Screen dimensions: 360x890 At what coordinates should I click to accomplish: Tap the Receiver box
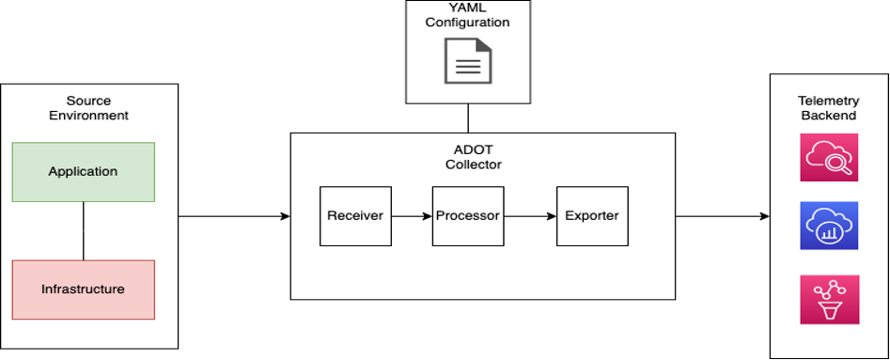pyautogui.click(x=354, y=216)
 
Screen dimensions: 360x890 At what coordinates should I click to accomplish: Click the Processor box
pyautogui.click(x=467, y=216)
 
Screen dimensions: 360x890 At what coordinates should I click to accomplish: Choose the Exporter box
pyautogui.click(x=591, y=216)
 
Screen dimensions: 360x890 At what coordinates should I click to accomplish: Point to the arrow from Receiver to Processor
pyautogui.click(x=411, y=216)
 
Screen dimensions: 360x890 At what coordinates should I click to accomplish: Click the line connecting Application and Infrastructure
pyautogui.click(x=84, y=231)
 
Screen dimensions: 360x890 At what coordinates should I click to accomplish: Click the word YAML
pyautogui.click(x=467, y=8)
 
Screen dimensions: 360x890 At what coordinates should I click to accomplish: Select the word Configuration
pyautogui.click(x=467, y=23)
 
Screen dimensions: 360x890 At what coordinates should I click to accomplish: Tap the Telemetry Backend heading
pyautogui.click(x=827, y=108)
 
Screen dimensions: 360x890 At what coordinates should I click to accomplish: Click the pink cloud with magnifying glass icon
pyautogui.click(x=828, y=158)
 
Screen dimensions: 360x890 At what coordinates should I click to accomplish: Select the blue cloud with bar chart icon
pyautogui.click(x=828, y=226)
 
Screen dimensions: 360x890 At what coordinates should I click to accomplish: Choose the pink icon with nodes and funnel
pyautogui.click(x=828, y=300)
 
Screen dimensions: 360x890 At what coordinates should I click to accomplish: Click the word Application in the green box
pyautogui.click(x=83, y=171)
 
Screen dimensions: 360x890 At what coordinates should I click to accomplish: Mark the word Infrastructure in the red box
pyautogui.click(x=83, y=289)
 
